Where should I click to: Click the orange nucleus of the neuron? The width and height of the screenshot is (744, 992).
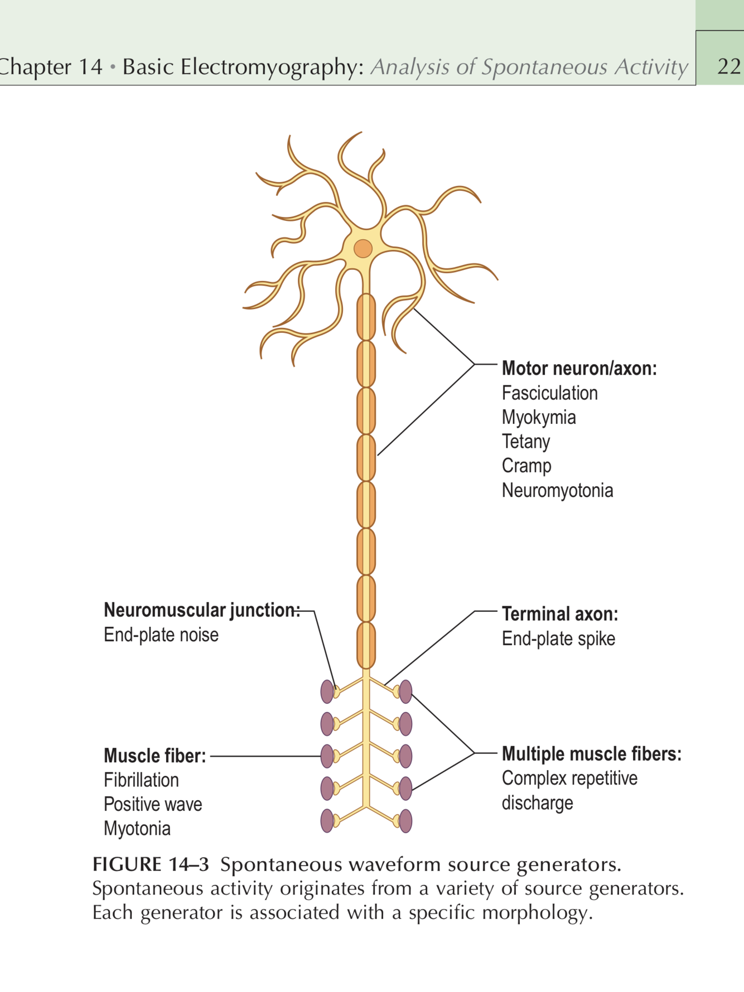[x=363, y=248]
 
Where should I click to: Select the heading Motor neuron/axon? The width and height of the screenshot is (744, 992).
[x=579, y=369]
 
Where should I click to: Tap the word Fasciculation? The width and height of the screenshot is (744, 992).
[x=549, y=393]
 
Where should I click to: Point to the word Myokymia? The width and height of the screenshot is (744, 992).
[x=539, y=417]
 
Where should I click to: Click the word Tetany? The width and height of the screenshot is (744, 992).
[x=525, y=442]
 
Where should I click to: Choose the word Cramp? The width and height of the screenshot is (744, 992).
[x=526, y=466]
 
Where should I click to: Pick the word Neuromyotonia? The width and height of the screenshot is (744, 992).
[x=557, y=491]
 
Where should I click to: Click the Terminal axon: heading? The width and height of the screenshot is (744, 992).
[x=559, y=614]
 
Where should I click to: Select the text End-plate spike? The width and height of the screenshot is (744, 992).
[x=558, y=638]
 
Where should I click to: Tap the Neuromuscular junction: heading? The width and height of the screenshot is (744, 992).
[x=201, y=610]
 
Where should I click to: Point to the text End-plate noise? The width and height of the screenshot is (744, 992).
[x=161, y=635]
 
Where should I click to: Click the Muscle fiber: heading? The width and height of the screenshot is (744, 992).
[x=154, y=756]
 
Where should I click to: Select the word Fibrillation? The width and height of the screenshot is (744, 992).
[x=141, y=780]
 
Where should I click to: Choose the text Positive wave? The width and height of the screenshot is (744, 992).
[x=153, y=804]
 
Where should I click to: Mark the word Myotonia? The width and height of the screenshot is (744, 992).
[x=137, y=829]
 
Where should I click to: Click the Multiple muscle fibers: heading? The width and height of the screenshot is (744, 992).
[x=591, y=754]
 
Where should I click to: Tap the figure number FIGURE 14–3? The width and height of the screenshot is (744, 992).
[x=151, y=864]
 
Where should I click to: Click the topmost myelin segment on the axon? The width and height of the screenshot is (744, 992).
[x=366, y=317]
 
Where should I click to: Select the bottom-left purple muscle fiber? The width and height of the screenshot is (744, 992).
[x=327, y=821]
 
